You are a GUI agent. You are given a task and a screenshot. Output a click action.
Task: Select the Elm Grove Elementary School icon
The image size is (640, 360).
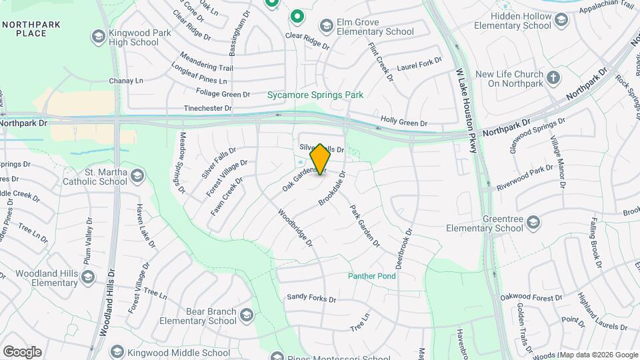coord(326,27)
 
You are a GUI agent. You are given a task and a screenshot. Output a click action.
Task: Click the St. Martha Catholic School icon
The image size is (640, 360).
coord(137,176)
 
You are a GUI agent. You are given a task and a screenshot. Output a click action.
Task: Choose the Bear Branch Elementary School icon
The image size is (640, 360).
coord(247,315)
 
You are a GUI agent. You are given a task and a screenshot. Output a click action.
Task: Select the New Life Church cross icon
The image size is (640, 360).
coord(553,79)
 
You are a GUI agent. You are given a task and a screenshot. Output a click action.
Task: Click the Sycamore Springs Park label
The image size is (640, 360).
coord(315,95)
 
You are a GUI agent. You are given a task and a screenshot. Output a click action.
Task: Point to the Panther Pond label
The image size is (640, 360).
coord(371,276)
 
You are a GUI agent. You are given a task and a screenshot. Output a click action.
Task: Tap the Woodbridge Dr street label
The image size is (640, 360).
coord(295,229)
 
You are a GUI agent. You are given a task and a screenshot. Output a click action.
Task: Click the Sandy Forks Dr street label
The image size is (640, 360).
coord(312,298)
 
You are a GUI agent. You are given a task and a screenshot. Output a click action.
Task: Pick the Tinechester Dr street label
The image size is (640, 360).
coord(207,108)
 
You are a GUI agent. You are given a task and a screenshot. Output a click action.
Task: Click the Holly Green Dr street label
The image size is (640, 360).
coord(403,123)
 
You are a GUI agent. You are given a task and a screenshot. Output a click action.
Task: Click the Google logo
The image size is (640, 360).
coord(22,352)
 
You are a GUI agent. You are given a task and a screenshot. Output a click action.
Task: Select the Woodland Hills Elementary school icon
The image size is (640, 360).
coord(87,276)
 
